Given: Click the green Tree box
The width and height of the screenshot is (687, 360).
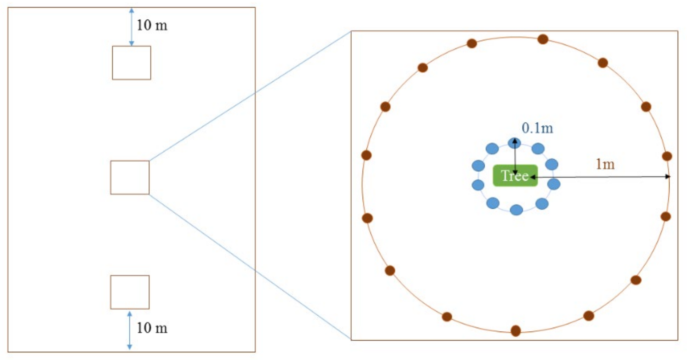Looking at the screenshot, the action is point(515,175).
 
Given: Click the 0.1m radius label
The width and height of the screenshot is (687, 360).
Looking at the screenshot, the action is point(537,128).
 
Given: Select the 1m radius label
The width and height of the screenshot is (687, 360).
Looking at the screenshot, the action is point(605,164).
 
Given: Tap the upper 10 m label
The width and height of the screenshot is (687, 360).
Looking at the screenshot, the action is point(152,25).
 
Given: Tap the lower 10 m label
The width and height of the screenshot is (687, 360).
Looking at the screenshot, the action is point(152,328).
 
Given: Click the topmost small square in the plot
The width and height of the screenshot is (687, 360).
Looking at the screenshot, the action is point(131,63).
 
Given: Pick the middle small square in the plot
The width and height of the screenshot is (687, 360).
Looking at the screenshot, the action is point(130,177).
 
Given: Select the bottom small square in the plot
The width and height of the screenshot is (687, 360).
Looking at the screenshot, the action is point(130,292).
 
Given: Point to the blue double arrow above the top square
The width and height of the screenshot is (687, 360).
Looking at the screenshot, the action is point(131,27).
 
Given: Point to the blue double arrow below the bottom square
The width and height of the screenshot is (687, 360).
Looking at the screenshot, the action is point(130,330).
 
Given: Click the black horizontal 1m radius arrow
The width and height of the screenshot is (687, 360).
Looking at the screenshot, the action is point(600,177).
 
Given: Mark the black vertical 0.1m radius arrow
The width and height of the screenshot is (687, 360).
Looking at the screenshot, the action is point(515,157).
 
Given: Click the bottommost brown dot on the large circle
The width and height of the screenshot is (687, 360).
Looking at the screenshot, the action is point(516,331).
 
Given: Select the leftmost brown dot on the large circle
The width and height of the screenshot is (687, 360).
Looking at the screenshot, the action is point(366,155).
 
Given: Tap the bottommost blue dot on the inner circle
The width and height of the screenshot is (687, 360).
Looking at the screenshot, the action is point(516,210).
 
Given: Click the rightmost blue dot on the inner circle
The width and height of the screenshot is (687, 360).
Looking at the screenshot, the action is point(554,184).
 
